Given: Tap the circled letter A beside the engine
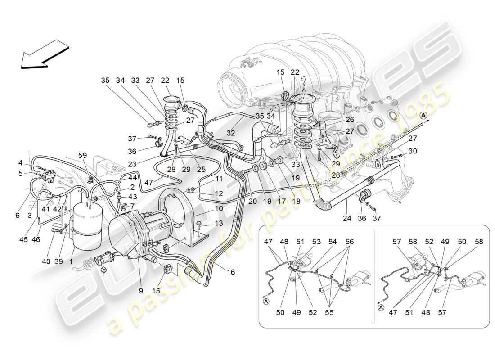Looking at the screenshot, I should coord(423,116).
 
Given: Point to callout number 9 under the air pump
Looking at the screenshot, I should coord(141,291).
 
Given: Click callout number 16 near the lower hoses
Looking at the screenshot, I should coord(231,272).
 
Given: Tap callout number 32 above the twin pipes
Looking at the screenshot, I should coord(231,134).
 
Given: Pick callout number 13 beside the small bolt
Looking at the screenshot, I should coord(219,223).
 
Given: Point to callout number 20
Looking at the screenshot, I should coord(252,202).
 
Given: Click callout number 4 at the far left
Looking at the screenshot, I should coord(21,162).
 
